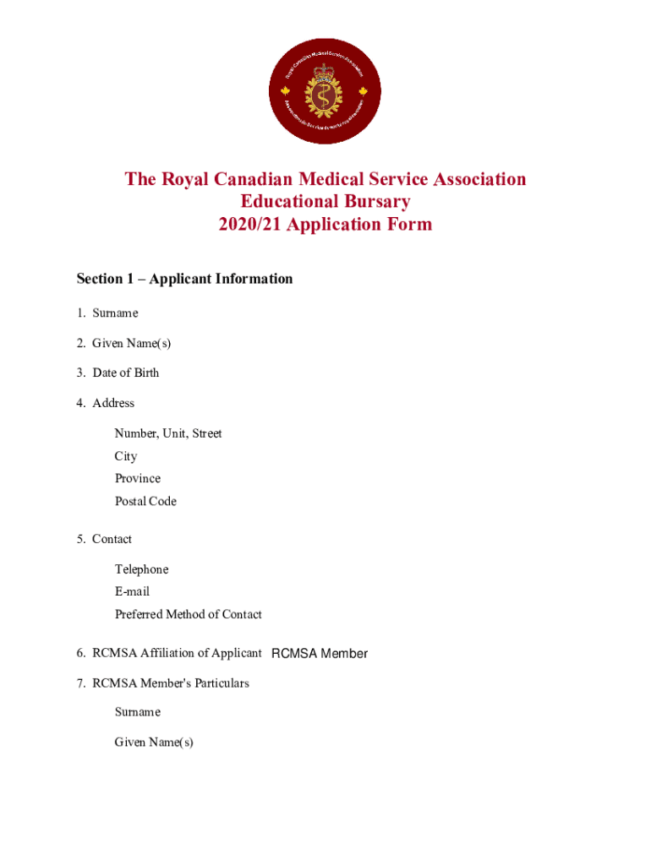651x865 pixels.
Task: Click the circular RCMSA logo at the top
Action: [x=325, y=91]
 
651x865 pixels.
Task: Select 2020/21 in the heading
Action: [x=250, y=225]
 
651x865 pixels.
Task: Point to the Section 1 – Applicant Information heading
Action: [x=184, y=279]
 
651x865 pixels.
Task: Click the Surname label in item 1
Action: [x=115, y=313]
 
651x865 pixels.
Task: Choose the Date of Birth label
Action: [x=125, y=373]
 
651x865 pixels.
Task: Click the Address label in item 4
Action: [x=113, y=403]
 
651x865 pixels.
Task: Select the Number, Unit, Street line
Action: [x=168, y=433]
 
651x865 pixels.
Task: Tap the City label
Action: [x=126, y=456]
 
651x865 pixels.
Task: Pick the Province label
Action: [x=138, y=478]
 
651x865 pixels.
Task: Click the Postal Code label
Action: [x=145, y=501]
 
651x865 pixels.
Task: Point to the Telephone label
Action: [x=141, y=569]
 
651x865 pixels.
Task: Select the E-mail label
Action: [x=132, y=591]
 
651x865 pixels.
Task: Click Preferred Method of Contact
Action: [x=189, y=614]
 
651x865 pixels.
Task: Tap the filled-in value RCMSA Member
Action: [x=320, y=654]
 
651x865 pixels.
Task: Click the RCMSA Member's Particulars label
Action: [x=170, y=683]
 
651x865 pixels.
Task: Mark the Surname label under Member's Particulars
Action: [x=137, y=712]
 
